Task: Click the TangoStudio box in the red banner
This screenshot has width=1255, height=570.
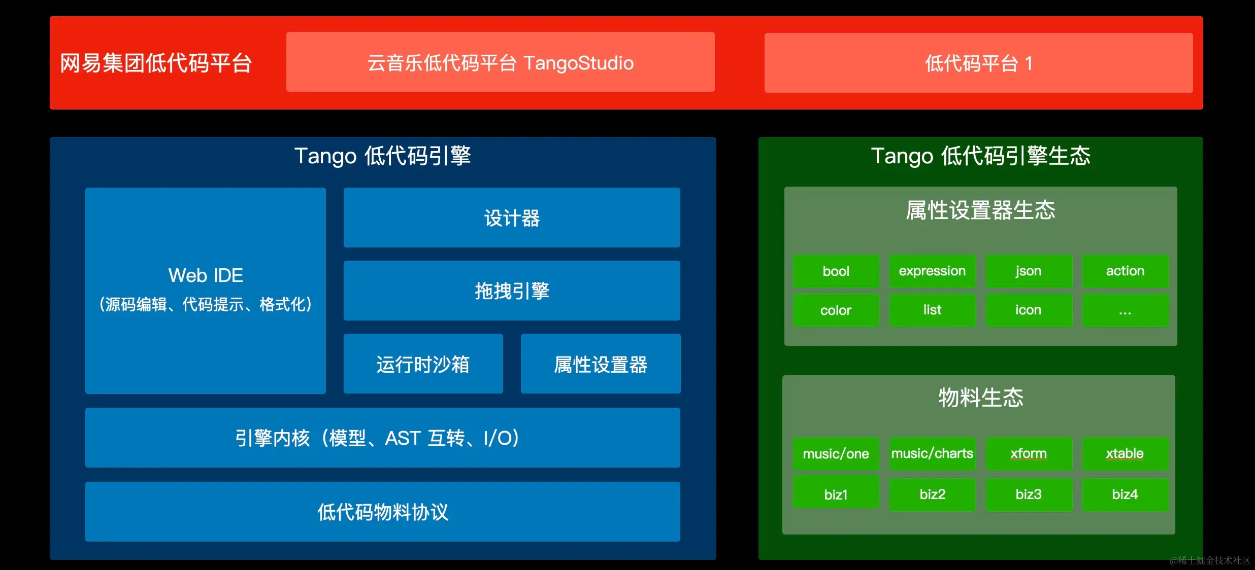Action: (500, 62)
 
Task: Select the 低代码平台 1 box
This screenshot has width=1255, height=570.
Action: (978, 63)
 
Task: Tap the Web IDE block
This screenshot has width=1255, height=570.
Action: (206, 291)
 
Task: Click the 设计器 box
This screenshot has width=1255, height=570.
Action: (512, 218)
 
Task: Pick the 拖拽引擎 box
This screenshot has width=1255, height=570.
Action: (512, 291)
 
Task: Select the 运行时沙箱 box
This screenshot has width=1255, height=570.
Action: (423, 364)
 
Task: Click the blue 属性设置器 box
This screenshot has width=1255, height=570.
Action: (601, 364)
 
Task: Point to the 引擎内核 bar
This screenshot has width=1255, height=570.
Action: (383, 438)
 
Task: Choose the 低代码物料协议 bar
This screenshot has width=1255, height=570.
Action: (383, 512)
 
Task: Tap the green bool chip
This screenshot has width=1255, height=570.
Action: (836, 271)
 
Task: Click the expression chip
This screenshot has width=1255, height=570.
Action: (933, 271)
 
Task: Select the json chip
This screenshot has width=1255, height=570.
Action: (1029, 271)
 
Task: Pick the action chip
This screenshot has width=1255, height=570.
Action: (1126, 271)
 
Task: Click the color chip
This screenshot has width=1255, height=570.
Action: (836, 310)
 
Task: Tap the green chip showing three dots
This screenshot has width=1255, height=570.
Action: (1126, 310)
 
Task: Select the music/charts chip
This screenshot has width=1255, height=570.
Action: (933, 454)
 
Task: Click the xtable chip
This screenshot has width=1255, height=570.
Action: (1126, 454)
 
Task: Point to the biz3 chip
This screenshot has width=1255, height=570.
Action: (1029, 494)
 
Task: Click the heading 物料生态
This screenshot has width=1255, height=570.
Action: (981, 397)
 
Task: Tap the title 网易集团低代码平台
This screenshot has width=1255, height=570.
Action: (156, 63)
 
